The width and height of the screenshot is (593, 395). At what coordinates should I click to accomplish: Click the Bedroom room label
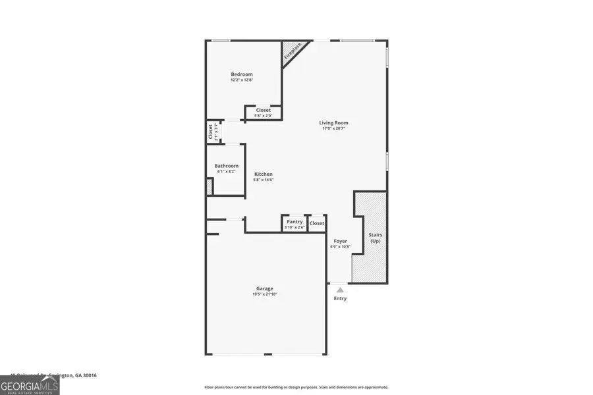click(241, 74)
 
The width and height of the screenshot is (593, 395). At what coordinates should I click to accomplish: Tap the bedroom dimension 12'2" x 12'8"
click(241, 80)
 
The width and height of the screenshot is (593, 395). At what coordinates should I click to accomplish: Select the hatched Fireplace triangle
click(289, 51)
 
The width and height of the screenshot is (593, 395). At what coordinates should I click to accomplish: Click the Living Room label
click(333, 122)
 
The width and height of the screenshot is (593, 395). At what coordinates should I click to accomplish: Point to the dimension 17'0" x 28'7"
click(333, 128)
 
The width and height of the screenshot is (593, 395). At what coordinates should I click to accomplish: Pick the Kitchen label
click(264, 174)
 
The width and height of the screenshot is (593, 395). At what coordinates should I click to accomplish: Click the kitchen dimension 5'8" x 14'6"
click(264, 180)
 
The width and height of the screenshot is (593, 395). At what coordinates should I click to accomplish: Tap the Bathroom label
click(226, 166)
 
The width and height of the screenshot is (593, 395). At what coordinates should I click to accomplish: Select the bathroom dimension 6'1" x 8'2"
click(226, 172)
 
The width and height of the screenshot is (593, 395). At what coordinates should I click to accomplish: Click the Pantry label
click(295, 222)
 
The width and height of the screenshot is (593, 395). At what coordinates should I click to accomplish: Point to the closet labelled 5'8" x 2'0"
click(264, 113)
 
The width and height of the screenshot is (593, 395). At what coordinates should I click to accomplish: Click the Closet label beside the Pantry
click(317, 223)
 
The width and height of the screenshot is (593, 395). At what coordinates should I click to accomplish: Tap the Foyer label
click(340, 241)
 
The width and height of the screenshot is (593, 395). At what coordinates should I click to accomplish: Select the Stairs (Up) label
click(376, 238)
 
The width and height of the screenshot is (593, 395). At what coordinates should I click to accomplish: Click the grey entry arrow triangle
click(340, 289)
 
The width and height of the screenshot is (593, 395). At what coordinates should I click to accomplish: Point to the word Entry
click(340, 298)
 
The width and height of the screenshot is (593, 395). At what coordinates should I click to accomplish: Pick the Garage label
click(265, 288)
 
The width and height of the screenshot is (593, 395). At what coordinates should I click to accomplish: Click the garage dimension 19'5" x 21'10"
click(265, 294)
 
